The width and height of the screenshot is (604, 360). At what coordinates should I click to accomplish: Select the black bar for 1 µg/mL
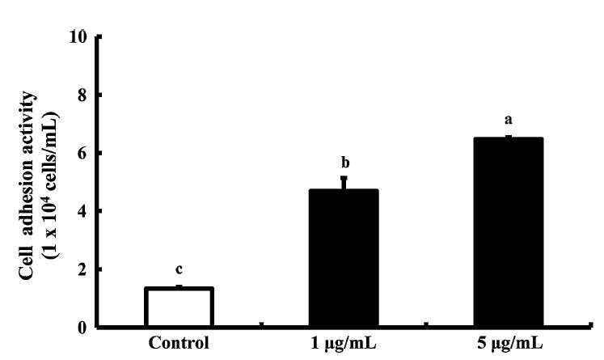344,258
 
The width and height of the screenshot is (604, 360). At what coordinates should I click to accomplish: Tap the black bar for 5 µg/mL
509,232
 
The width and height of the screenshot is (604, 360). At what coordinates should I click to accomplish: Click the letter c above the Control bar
179,270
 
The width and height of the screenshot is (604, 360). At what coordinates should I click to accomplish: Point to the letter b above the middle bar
345,163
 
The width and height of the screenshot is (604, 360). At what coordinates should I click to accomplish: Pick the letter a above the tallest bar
509,120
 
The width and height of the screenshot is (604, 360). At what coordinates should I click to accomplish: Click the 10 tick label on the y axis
78,37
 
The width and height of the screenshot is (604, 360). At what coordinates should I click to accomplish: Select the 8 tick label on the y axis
82,95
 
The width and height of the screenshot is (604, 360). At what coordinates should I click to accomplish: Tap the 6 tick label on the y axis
82,153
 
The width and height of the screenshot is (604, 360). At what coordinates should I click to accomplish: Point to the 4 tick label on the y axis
82,211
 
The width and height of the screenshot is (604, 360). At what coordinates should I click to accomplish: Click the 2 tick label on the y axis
82,269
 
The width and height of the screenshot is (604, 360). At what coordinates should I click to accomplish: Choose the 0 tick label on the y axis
82,328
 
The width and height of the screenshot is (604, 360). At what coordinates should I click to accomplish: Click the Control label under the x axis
180,343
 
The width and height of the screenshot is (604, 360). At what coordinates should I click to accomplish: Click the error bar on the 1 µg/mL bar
344,183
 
